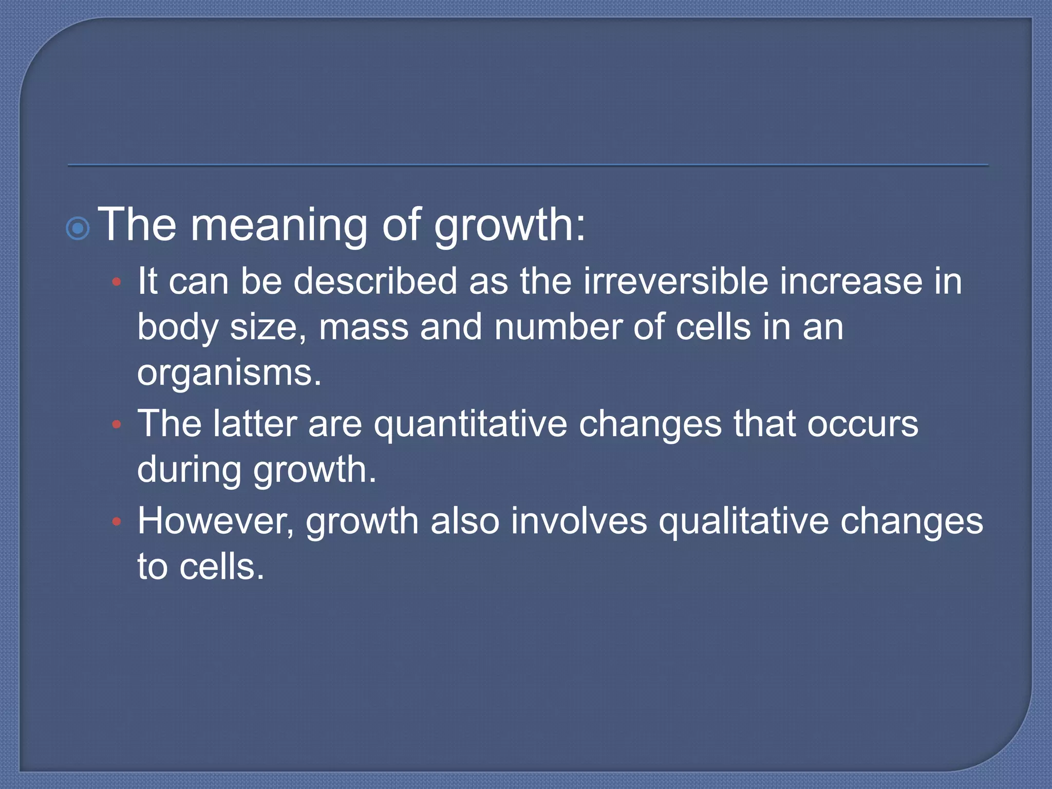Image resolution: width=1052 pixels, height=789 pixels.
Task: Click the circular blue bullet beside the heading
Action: tap(78, 229)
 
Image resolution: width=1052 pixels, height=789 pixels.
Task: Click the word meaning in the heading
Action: tap(279, 226)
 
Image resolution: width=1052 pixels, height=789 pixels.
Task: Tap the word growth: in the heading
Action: tap(510, 226)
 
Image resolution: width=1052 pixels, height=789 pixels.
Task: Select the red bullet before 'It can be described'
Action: tap(117, 282)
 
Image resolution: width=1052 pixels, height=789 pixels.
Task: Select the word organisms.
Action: tap(229, 373)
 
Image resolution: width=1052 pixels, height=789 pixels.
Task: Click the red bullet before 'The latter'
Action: tap(117, 424)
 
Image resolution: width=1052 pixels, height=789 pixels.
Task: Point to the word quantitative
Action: tap(470, 424)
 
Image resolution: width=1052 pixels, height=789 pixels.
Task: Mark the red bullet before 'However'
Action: tap(117, 522)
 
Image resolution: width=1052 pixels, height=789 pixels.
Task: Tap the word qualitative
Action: tap(743, 522)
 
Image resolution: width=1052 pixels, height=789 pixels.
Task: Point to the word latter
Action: tap(255, 424)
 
